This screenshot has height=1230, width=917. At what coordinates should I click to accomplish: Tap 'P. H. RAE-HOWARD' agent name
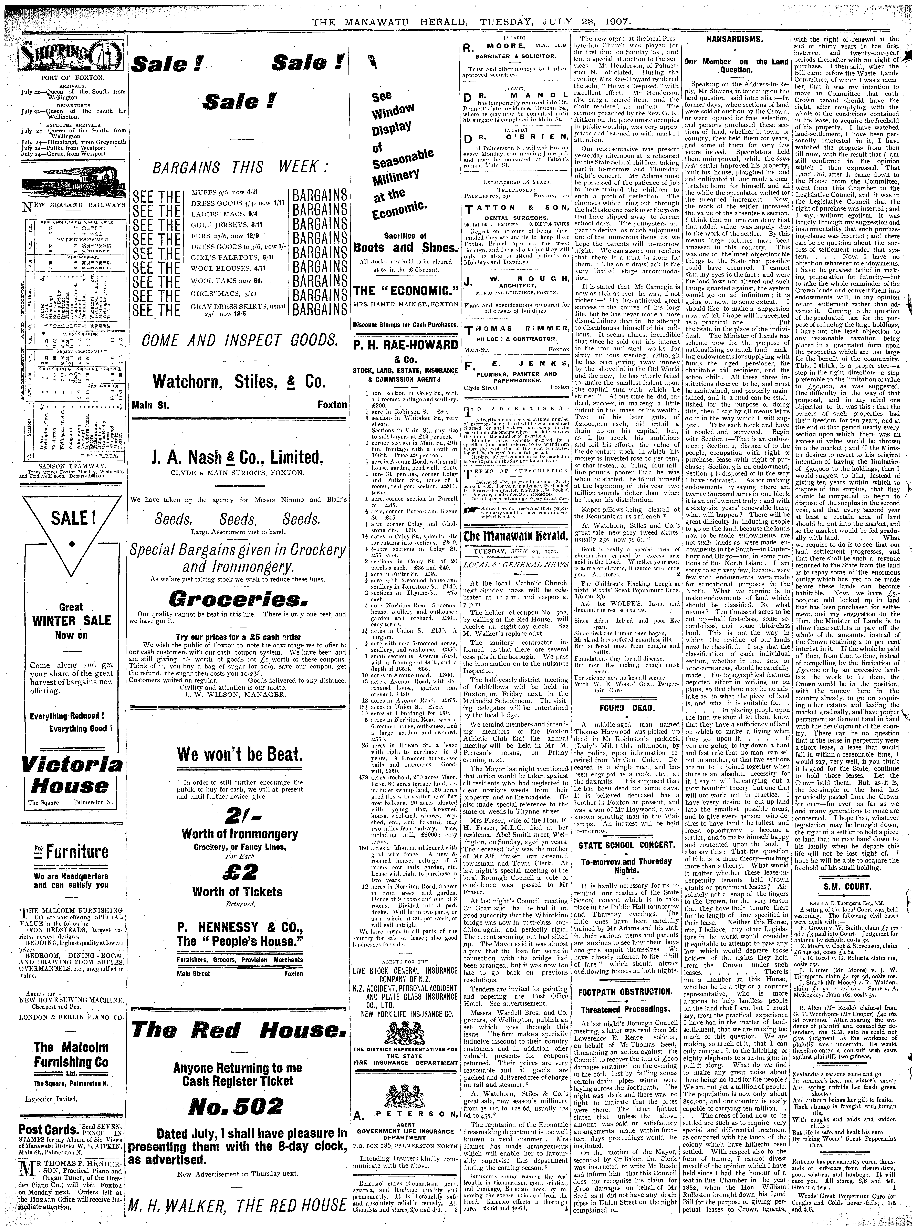click(406, 344)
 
